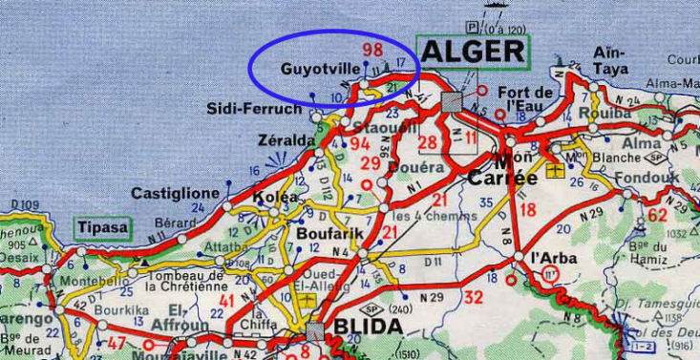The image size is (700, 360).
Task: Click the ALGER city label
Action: [473, 53]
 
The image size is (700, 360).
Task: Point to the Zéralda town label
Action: [286, 140]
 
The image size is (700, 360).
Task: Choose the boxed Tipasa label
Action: [102, 229]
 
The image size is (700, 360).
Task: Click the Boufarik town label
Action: [325, 231]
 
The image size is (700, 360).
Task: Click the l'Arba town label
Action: [553, 258]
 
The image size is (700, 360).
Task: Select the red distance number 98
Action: [372, 49]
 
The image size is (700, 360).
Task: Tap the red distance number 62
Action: [657, 215]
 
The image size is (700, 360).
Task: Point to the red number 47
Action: [117, 342]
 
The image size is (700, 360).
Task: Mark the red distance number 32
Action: [473, 296]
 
